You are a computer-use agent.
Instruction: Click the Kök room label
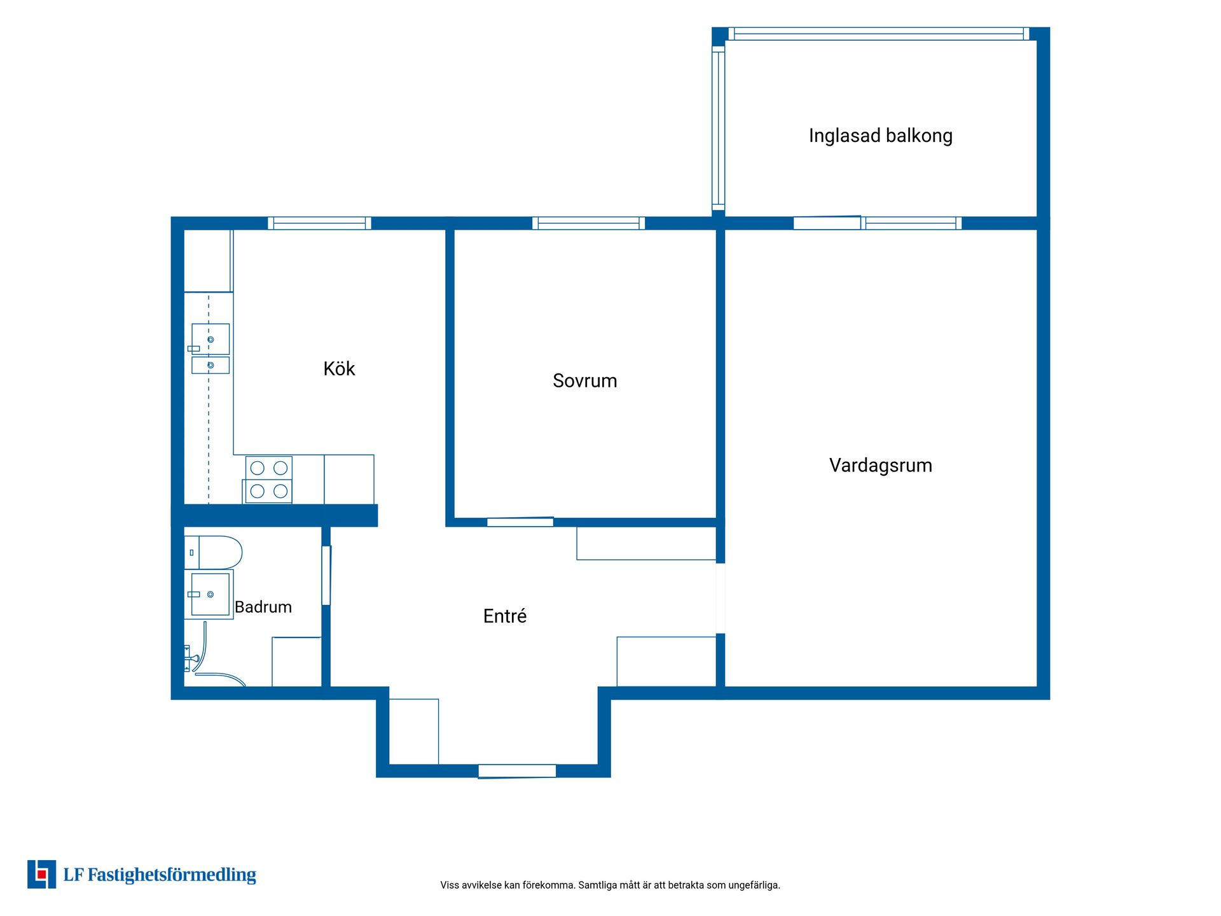pyautogui.click(x=339, y=369)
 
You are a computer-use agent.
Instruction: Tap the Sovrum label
pyautogui.click(x=585, y=381)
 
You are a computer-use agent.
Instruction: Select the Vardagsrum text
pyautogui.click(x=881, y=466)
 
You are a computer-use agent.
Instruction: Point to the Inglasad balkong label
pyautogui.click(x=881, y=136)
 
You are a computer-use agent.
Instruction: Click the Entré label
pyautogui.click(x=505, y=616)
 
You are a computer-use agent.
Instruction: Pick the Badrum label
pyautogui.click(x=263, y=607)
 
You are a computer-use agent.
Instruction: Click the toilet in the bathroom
pyautogui.click(x=214, y=552)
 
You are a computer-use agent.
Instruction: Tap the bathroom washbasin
pyautogui.click(x=210, y=594)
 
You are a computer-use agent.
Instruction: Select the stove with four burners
pyautogui.click(x=268, y=480)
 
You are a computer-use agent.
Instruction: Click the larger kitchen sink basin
pyautogui.click(x=210, y=339)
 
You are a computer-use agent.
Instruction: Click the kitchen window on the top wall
pyautogui.click(x=319, y=223)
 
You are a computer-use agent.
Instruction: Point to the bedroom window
pyautogui.click(x=588, y=223)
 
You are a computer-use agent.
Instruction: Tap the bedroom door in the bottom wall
pyautogui.click(x=520, y=522)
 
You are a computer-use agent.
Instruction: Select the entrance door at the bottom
pyautogui.click(x=517, y=771)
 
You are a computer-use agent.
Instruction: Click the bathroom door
pyautogui.click(x=326, y=576)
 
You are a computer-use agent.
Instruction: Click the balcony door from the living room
pyautogui.click(x=827, y=223)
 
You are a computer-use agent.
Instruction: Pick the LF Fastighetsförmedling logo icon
pyautogui.click(x=41, y=874)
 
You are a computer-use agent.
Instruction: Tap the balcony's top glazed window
pyautogui.click(x=879, y=34)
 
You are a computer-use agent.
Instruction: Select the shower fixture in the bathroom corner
pyautogui.click(x=191, y=658)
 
